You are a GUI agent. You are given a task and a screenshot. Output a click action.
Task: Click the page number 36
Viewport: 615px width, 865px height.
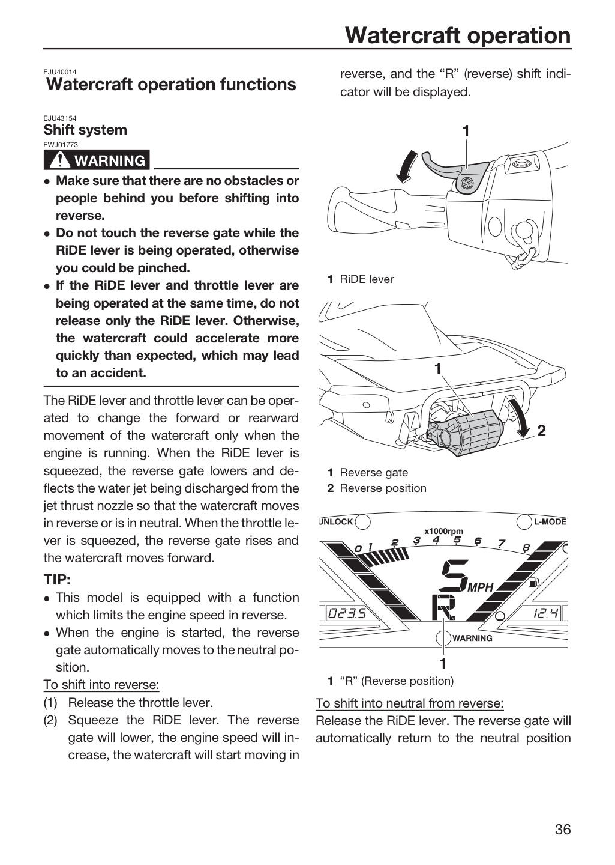pyautogui.click(x=563, y=829)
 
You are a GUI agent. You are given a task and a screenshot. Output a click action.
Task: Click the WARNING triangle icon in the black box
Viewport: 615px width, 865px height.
pyautogui.click(x=60, y=160)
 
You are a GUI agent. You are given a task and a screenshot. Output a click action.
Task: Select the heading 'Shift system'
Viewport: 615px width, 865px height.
pyautogui.click(x=85, y=130)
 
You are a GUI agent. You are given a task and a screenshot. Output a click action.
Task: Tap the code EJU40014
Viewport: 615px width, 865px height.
pyautogui.click(x=60, y=72)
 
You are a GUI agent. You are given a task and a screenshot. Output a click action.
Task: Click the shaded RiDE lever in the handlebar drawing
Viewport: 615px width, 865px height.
pyautogui.click(x=455, y=170)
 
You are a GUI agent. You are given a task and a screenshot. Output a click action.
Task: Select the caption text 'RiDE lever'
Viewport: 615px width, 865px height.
pyautogui.click(x=367, y=279)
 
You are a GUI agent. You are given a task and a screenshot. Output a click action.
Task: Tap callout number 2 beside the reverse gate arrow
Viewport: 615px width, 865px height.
pyautogui.click(x=542, y=431)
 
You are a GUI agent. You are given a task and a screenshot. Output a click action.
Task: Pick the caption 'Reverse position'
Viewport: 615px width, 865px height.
pyautogui.click(x=383, y=488)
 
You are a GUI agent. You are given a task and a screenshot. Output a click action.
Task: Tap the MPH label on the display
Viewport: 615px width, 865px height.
pyautogui.click(x=481, y=587)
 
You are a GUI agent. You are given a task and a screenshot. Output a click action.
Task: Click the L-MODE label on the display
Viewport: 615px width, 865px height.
pyautogui.click(x=550, y=522)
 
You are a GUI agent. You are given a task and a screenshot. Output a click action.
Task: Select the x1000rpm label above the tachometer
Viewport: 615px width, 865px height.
pyautogui.click(x=443, y=532)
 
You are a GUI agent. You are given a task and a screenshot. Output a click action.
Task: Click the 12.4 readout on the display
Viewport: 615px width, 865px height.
pyautogui.click(x=545, y=613)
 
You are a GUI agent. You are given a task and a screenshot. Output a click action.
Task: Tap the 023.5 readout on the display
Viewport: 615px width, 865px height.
pyautogui.click(x=346, y=613)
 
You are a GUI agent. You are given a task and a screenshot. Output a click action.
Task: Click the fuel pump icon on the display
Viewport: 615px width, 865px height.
pyautogui.click(x=535, y=581)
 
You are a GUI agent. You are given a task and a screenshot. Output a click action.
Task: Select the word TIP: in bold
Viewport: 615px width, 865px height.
pyautogui.click(x=57, y=580)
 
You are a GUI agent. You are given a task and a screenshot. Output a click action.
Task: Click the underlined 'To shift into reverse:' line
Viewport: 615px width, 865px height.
pyautogui.click(x=101, y=685)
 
